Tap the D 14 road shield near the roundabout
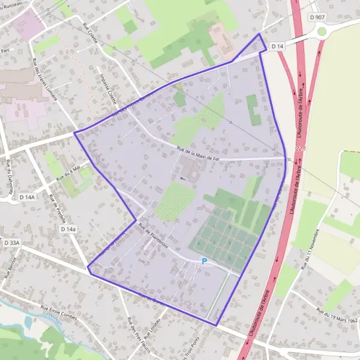click(277, 46)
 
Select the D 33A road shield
click(11, 243)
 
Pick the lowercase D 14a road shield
click(68, 229)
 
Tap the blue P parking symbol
click(204, 262)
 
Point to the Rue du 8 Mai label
click(68, 174)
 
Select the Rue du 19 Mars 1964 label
click(335, 316)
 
